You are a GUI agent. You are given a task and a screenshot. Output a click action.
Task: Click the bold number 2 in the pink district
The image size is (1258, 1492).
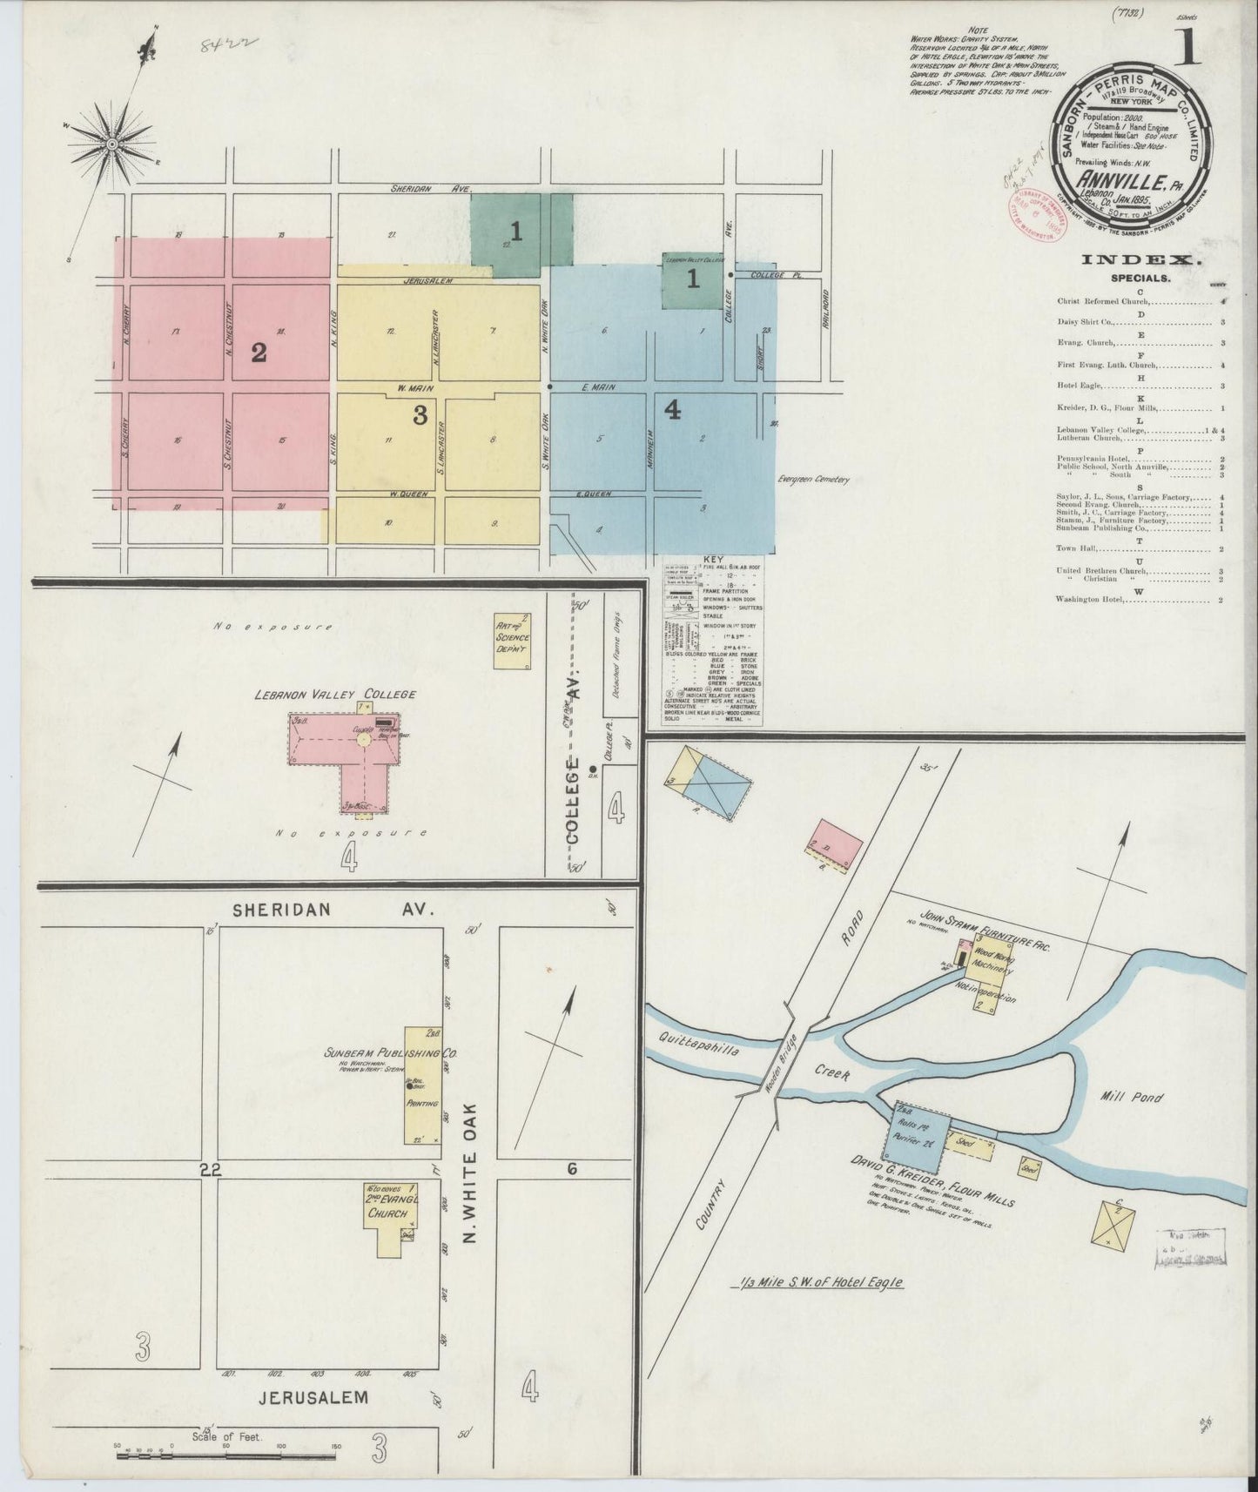point(258,353)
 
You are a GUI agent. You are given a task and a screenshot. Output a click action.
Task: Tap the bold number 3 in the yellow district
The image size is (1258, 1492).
point(420,416)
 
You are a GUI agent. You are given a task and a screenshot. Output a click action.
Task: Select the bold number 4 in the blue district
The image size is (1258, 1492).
point(673,410)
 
